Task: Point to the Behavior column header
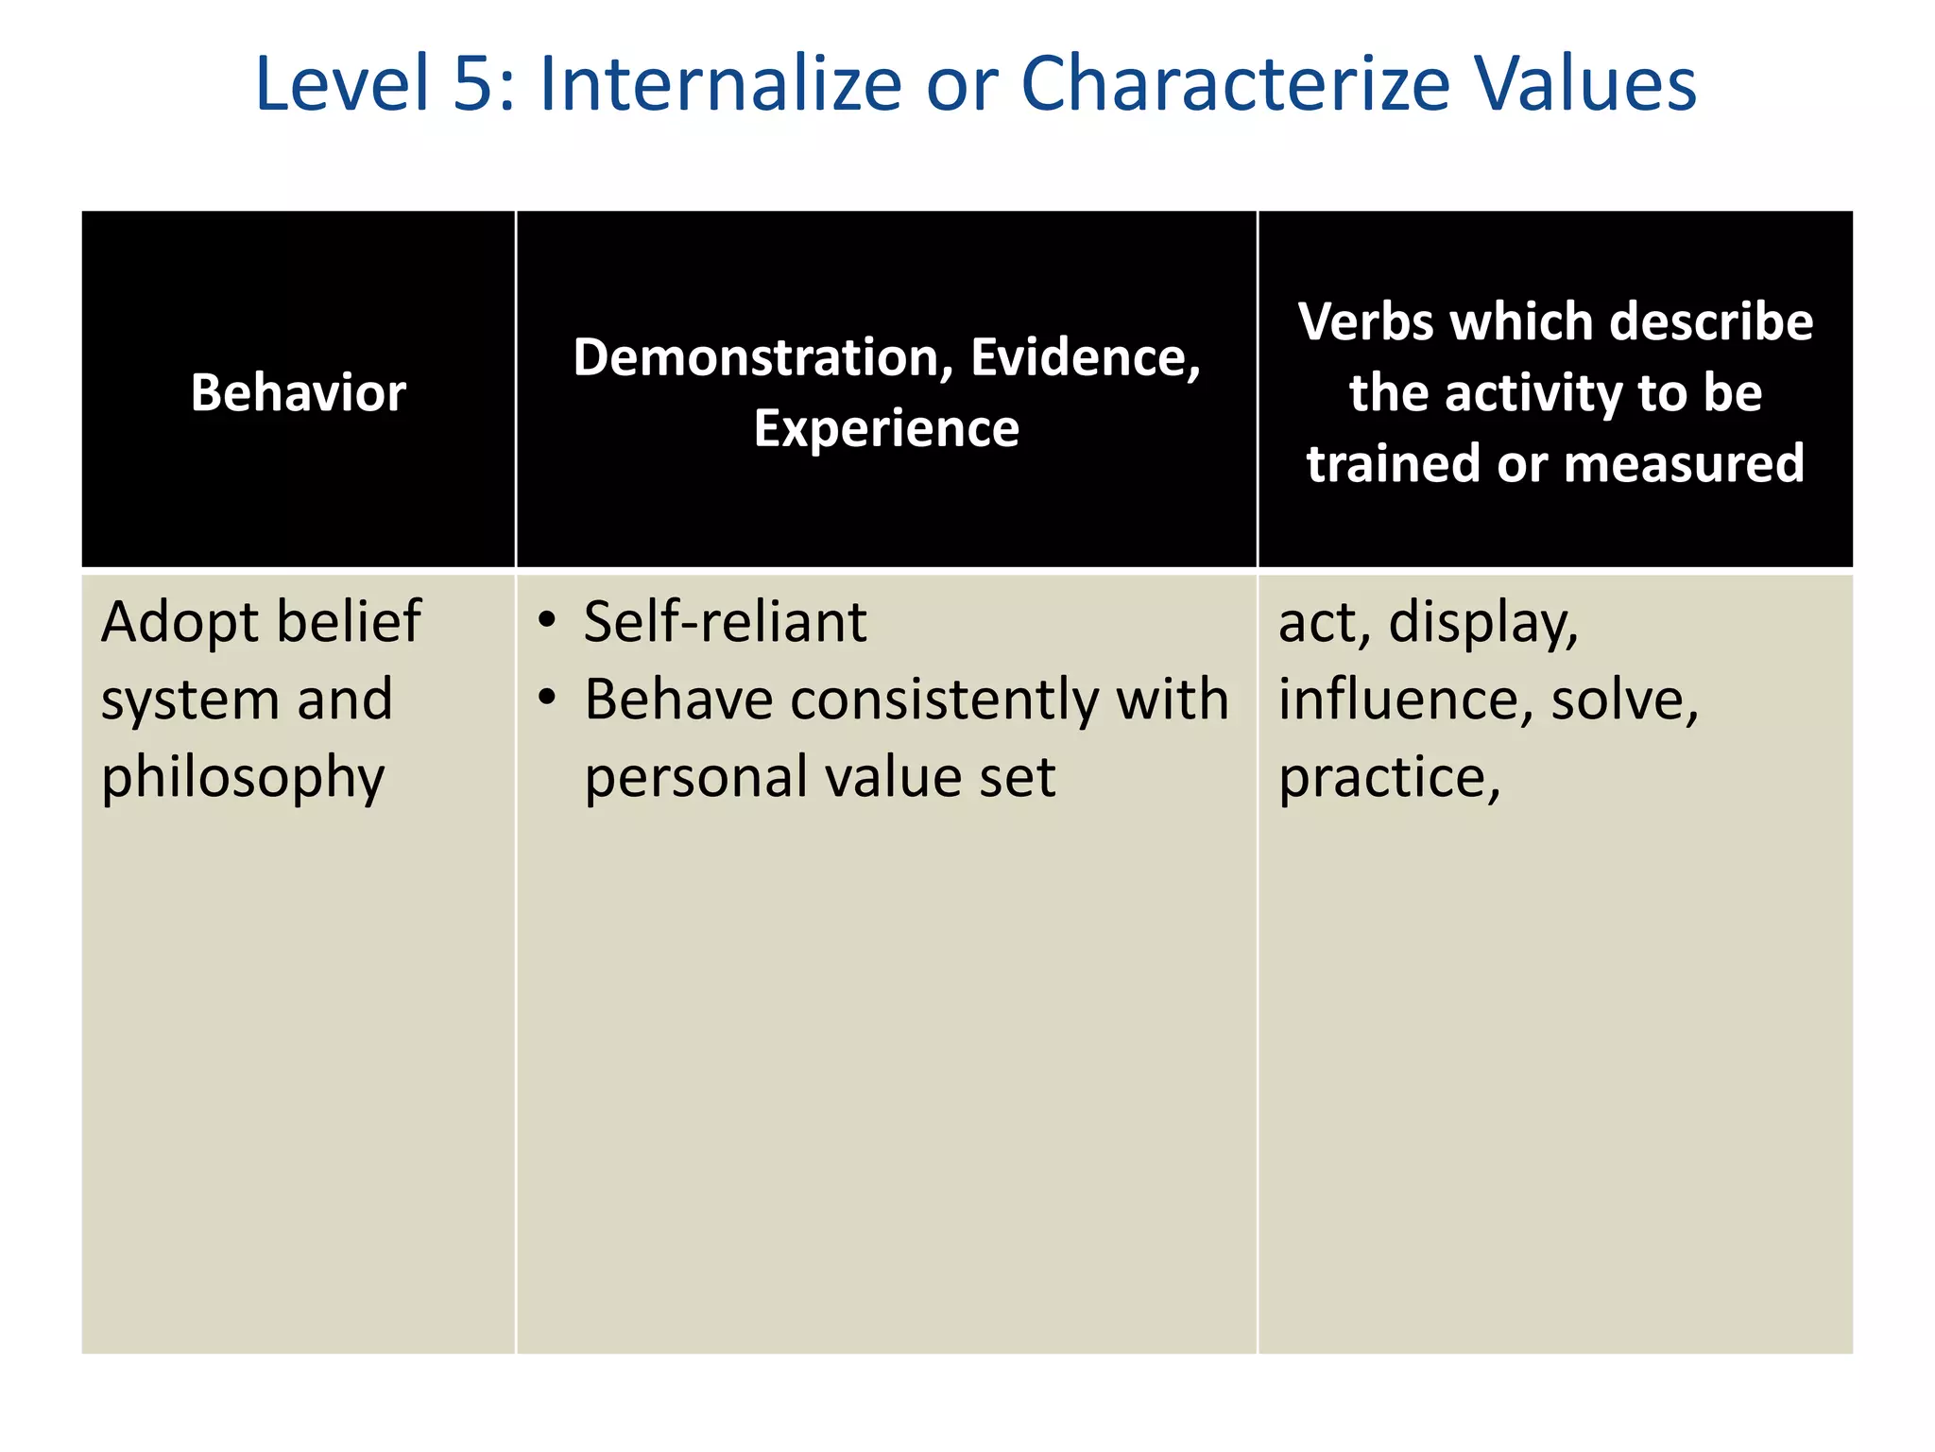[x=299, y=392]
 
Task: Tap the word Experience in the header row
[x=886, y=428]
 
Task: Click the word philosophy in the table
[x=243, y=779]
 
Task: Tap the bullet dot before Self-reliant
[x=546, y=621]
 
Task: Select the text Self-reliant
[x=725, y=623]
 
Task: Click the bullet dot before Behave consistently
[x=546, y=699]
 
